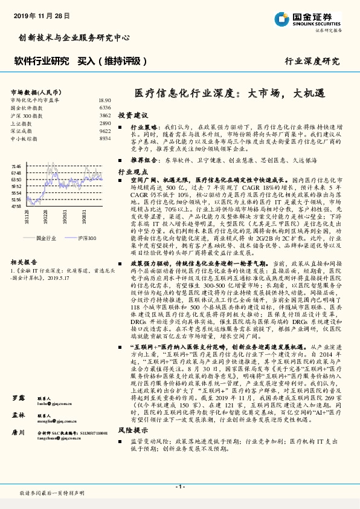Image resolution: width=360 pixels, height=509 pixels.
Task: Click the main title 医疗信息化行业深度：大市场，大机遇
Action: [229, 94]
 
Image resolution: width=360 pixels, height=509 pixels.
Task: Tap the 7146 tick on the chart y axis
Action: [16, 166]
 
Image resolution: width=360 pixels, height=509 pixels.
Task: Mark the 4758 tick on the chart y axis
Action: [16, 206]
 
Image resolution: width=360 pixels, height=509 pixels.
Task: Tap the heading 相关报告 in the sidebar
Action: [24, 263]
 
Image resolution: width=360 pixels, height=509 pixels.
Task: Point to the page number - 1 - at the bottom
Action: [179, 487]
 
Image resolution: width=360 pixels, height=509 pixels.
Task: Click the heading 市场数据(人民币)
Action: [33, 91]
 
